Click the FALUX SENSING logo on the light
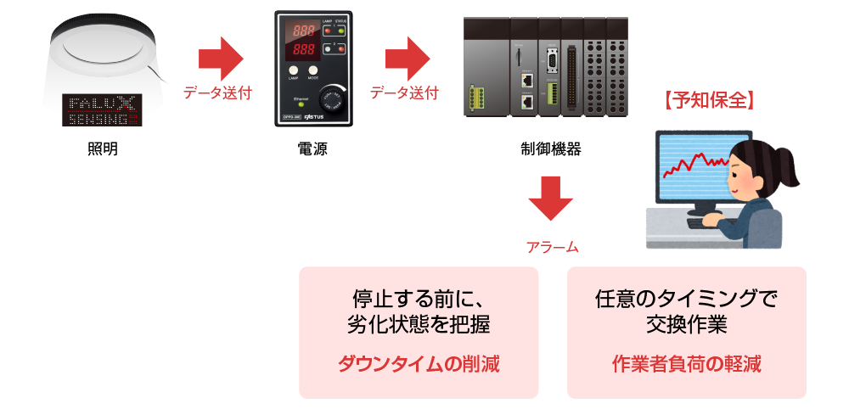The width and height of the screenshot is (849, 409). click(x=102, y=111)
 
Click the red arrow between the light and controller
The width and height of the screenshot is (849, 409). click(x=221, y=59)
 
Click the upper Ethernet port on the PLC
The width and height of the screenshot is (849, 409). click(x=527, y=80)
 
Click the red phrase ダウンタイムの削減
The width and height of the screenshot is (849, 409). click(x=419, y=365)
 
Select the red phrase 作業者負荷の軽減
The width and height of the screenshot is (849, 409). click(x=686, y=365)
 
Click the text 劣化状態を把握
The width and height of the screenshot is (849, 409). click(x=419, y=324)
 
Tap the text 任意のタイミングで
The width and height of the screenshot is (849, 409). click(x=686, y=300)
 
